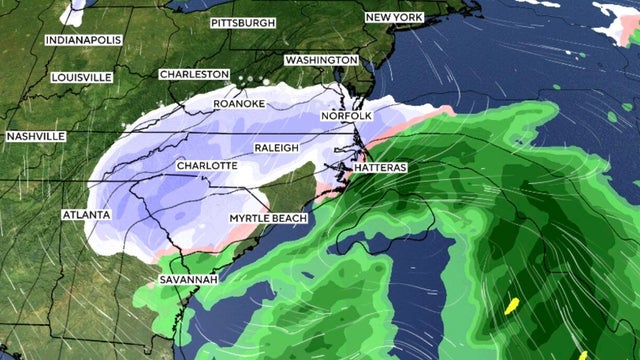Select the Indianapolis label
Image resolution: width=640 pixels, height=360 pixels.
point(83,40)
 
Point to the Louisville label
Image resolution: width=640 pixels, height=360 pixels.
point(81,76)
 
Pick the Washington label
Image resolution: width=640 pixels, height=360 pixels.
point(321,60)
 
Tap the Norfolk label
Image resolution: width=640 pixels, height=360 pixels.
point(346,117)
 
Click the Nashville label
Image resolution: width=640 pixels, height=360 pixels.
point(35,136)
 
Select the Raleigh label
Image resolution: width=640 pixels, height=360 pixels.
point(277,147)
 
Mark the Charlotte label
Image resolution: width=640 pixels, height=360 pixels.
point(206,165)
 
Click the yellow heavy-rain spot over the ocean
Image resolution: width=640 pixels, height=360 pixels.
point(513,305)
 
